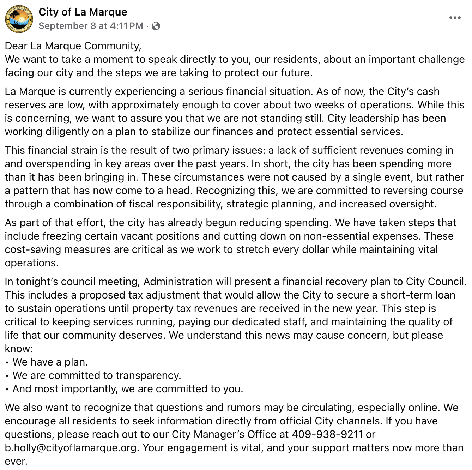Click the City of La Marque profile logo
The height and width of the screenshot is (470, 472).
[19, 19]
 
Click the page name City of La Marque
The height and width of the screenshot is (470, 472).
[83, 12]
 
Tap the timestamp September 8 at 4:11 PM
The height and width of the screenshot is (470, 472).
[91, 26]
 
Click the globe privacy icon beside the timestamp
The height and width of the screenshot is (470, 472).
[156, 26]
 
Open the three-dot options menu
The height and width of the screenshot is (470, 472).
[455, 18]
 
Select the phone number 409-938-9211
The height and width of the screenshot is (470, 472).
[327, 434]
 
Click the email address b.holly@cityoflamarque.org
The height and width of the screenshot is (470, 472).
[71, 448]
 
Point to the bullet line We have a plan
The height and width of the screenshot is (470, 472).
[50, 362]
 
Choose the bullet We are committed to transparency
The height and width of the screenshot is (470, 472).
[97, 375]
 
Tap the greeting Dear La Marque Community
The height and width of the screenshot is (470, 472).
[73, 46]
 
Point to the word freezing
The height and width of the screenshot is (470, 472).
[63, 236]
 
